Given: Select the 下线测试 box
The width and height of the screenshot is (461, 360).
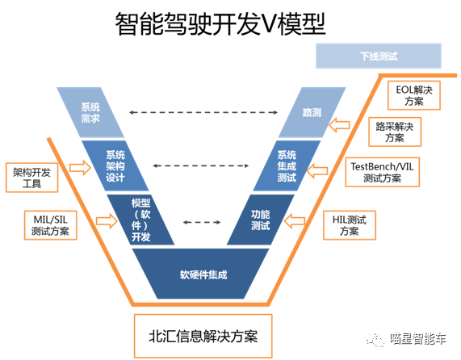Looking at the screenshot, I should [x=379, y=57].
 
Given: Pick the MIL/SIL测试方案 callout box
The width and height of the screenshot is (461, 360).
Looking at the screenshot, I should [x=50, y=225].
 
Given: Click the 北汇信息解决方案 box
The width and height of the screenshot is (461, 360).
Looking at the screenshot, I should [x=200, y=333].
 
